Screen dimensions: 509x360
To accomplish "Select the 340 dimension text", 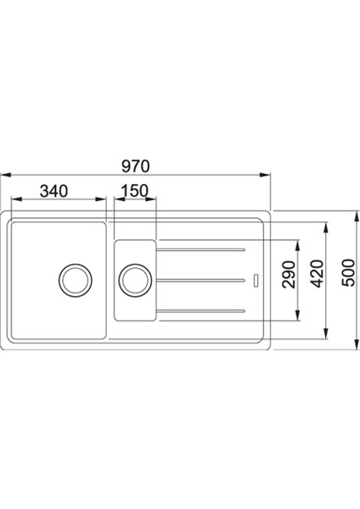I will [53, 191].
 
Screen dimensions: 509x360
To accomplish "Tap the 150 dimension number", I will [135, 191].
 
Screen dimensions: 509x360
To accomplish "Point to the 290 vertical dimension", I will [287, 278].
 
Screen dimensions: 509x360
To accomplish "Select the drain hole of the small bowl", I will [134, 278].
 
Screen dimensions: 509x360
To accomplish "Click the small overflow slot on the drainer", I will [256, 279].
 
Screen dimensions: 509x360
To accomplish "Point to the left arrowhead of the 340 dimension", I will [12, 202].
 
